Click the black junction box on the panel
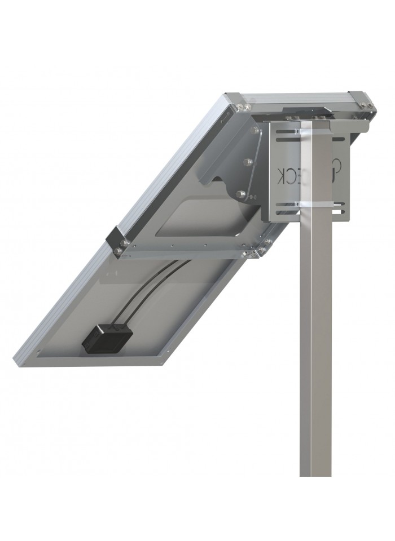click(107, 336)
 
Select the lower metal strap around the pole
click(314, 203)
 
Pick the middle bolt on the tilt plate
click(247, 162)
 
